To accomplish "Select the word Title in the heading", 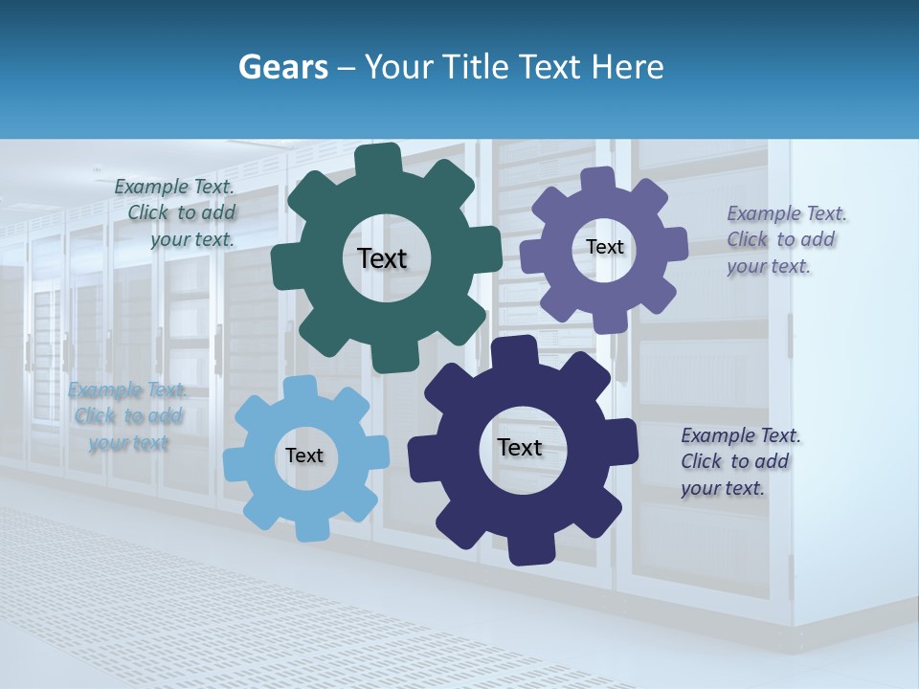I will [478, 67].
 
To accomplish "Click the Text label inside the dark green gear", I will [382, 258].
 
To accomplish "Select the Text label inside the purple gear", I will [605, 247].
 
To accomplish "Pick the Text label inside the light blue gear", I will [304, 456].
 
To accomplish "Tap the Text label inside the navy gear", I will [520, 447].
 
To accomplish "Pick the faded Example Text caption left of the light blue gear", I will [127, 416].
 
